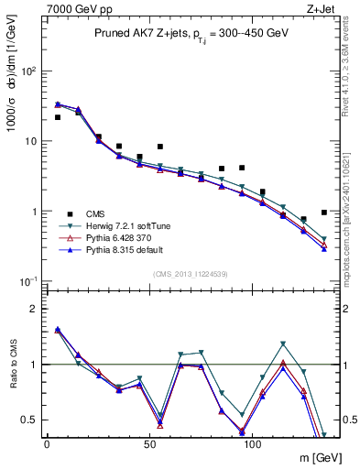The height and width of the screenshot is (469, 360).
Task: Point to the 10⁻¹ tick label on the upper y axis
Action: [x=24, y=281]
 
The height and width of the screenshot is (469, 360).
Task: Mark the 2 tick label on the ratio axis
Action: [x=28, y=309]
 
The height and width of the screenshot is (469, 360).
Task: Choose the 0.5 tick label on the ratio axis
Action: [x=25, y=420]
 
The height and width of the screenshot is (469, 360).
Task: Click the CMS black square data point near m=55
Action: [x=160, y=147]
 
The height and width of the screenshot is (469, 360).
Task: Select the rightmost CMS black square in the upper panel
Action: [x=324, y=213]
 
